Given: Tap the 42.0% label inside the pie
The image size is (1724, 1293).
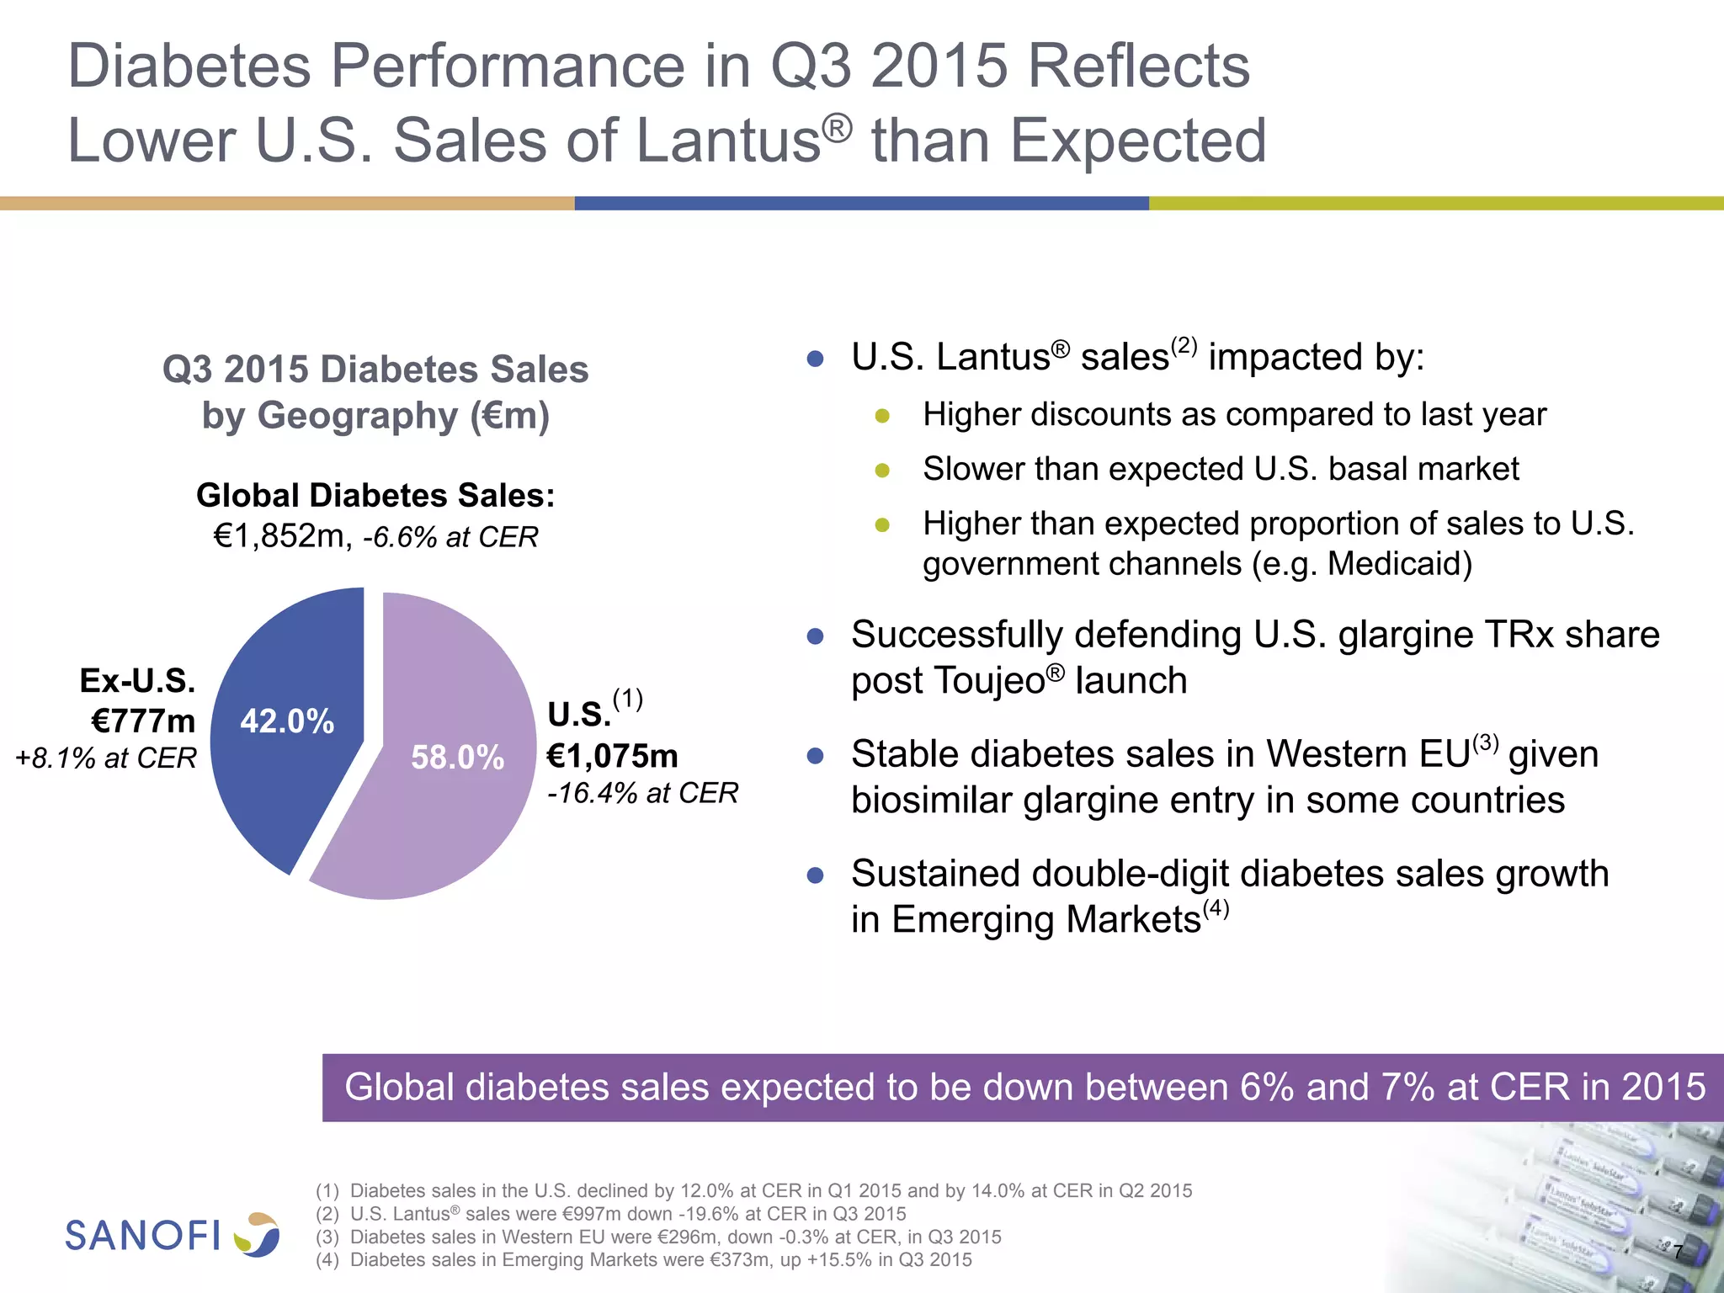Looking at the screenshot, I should tap(287, 721).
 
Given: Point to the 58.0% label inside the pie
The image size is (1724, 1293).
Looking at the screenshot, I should tap(457, 758).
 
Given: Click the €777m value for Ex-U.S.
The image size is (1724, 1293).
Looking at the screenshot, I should tap(143, 721).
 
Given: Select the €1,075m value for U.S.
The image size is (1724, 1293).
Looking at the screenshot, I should tap(612, 756).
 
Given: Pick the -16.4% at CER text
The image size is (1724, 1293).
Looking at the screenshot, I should tap(642, 793).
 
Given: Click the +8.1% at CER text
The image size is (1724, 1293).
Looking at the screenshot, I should tap(106, 758).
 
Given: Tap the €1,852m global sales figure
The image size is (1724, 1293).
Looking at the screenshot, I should tap(279, 536).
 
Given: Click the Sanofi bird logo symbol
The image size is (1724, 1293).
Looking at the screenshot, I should tap(257, 1234).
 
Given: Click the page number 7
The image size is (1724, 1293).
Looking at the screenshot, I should tap(1677, 1253).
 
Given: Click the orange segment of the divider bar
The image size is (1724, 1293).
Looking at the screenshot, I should tap(286, 203).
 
